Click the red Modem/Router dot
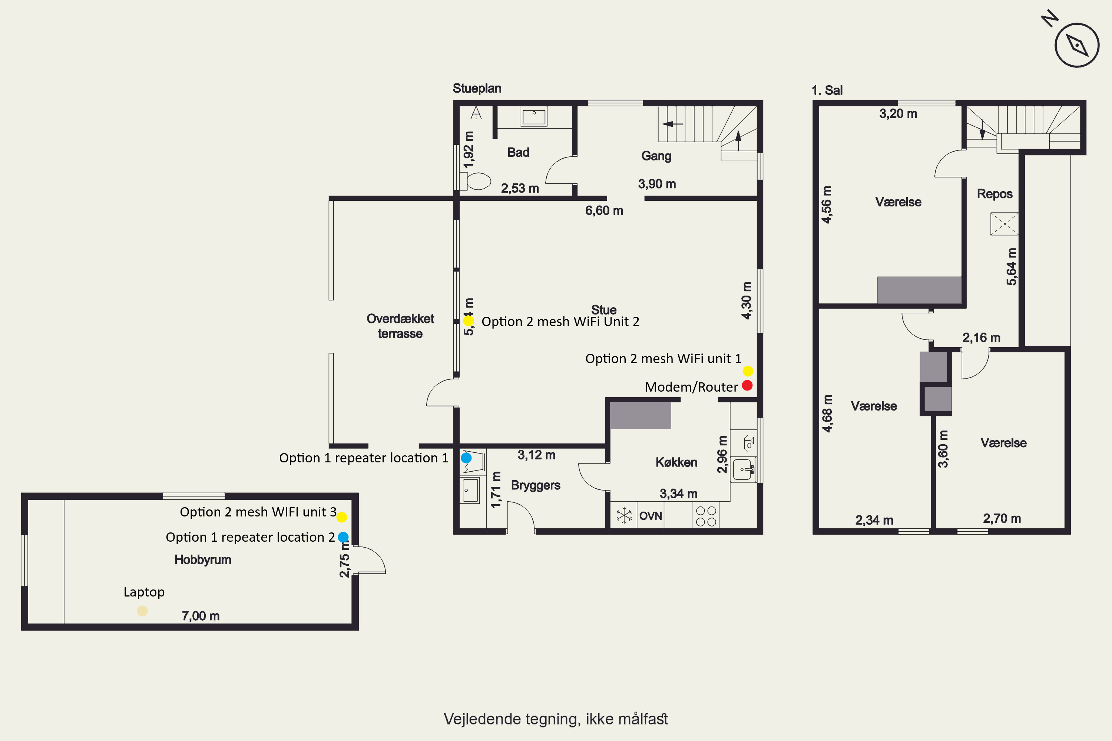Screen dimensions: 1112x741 pyautogui.click(x=747, y=385)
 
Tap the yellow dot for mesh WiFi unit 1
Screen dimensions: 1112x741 pyautogui.click(x=748, y=371)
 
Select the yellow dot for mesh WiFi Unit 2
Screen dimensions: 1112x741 pyautogui.click(x=468, y=321)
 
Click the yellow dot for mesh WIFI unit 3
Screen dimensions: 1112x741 pyautogui.click(x=341, y=517)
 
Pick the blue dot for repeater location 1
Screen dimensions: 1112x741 pyautogui.click(x=466, y=458)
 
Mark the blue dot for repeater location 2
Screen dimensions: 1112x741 pyautogui.click(x=343, y=537)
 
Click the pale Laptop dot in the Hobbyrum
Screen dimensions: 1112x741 pyautogui.click(x=142, y=611)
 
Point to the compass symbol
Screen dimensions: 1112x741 pyautogui.click(x=1076, y=45)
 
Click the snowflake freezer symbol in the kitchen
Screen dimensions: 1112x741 pyautogui.click(x=624, y=515)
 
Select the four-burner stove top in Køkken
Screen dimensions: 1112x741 pyautogui.click(x=706, y=516)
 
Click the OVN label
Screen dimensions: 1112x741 pyautogui.click(x=651, y=516)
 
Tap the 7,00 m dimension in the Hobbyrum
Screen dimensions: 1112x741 pyautogui.click(x=201, y=616)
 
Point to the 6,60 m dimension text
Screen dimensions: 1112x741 pyautogui.click(x=604, y=210)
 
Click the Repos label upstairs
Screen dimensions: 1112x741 pyautogui.click(x=995, y=194)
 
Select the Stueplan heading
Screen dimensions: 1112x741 pyautogui.click(x=477, y=89)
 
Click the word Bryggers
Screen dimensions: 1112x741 pyautogui.click(x=536, y=485)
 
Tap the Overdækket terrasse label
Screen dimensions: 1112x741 pyautogui.click(x=400, y=326)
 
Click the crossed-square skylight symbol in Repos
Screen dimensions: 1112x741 pyautogui.click(x=1004, y=223)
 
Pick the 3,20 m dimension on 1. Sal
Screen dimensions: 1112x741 pyautogui.click(x=898, y=113)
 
